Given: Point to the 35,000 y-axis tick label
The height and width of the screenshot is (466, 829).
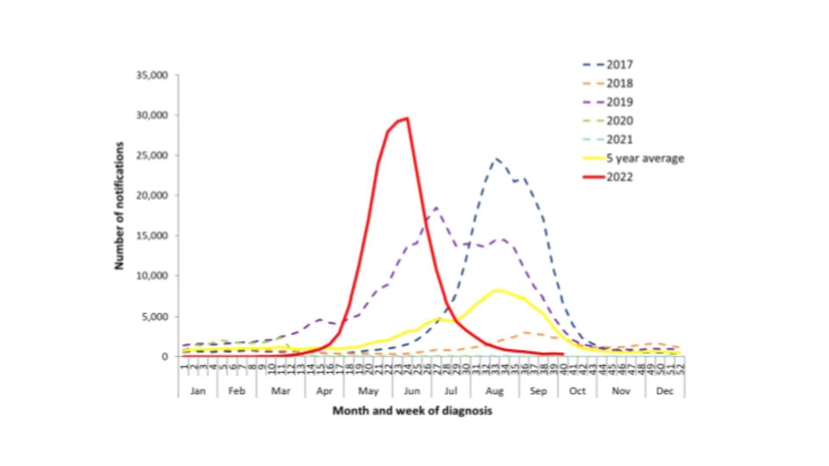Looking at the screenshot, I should pos(152,76).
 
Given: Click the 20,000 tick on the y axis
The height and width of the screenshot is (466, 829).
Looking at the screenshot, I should pos(152,195).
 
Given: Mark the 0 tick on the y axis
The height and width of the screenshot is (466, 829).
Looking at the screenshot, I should pos(165,357).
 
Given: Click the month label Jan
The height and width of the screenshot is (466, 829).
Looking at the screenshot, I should pos(198,391).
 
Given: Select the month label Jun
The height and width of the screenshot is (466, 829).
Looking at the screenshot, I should pos(411,391).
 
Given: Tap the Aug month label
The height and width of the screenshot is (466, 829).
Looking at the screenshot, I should pos(494,391).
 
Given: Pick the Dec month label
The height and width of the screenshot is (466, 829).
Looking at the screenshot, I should pos(664,391).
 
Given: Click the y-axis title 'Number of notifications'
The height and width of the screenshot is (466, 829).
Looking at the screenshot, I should pos(119,206).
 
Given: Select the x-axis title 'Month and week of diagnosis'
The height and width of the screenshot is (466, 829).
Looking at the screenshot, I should pos(412,411).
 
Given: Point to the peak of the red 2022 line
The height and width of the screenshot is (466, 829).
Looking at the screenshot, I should pos(407,118).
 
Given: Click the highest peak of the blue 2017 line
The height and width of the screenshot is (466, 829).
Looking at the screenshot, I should pos(497,159).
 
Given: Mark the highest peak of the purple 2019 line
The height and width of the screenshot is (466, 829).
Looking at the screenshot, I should pos(437,208).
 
